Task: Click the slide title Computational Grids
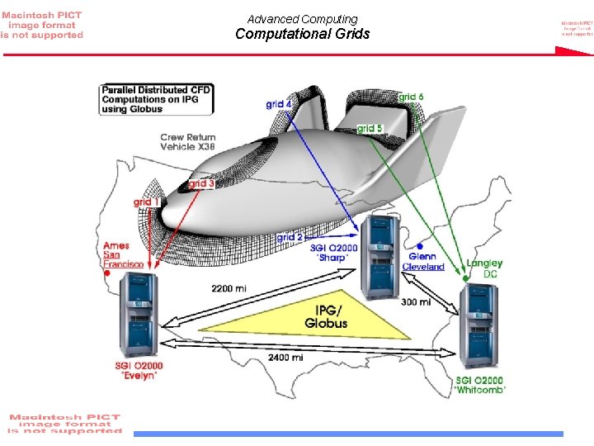(302, 35)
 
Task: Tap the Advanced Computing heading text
(302, 19)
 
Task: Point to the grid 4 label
(278, 104)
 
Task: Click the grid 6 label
(411, 97)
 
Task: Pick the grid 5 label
(370, 129)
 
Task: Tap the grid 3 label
(201, 183)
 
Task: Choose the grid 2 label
(290, 237)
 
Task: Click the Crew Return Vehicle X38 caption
(187, 142)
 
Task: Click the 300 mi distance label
(415, 302)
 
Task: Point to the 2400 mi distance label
(285, 358)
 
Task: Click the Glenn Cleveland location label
(423, 262)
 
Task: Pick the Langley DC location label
(485, 268)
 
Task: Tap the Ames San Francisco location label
(122, 255)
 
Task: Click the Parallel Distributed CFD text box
(157, 99)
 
